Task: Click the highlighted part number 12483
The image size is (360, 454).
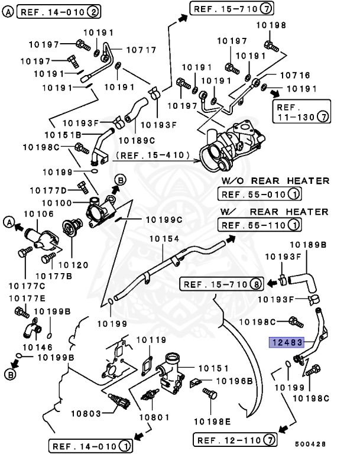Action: pyautogui.click(x=287, y=342)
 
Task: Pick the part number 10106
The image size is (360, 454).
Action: pyautogui.click(x=38, y=213)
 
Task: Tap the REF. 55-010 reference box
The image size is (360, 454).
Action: pyautogui.click(x=260, y=194)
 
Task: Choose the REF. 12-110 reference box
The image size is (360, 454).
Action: pyautogui.click(x=234, y=439)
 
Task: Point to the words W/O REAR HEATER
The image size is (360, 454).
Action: pyautogui.click(x=275, y=180)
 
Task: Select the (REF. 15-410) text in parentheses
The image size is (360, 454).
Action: pyautogui.click(x=154, y=156)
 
